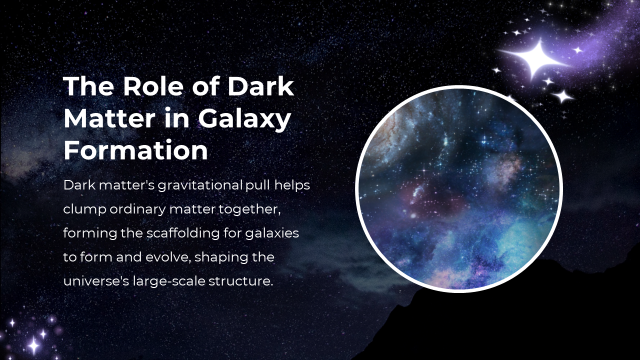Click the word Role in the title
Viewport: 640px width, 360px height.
(153, 86)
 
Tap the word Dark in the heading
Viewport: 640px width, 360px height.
(260, 86)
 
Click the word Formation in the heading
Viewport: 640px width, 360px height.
(135, 150)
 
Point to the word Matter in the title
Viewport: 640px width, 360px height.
(109, 118)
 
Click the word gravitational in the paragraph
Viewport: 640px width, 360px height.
(200, 185)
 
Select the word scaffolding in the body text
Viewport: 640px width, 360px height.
(183, 233)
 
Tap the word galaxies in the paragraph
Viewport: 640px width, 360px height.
(272, 233)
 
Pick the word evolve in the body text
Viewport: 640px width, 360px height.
(168, 257)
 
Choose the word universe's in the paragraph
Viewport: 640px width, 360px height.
(96, 281)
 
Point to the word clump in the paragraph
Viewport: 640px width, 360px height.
(85, 209)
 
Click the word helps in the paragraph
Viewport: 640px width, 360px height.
(292, 185)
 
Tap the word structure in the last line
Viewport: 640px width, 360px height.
(241, 281)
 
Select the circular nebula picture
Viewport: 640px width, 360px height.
(459, 189)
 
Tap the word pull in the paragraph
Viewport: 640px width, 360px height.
(257, 185)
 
